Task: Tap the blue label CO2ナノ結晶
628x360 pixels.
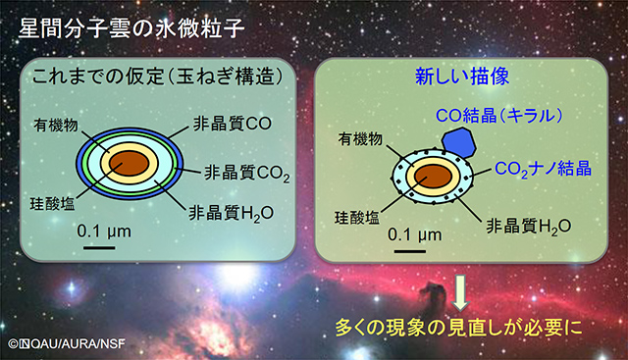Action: tap(543, 168)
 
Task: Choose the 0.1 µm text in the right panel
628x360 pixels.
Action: tap(416, 235)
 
